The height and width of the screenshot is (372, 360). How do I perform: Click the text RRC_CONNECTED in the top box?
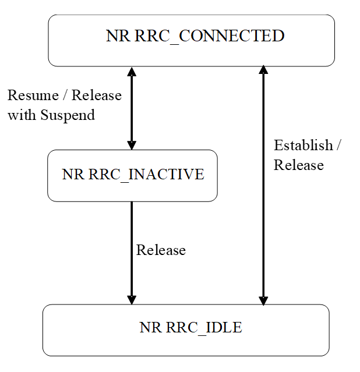pyautogui.click(x=209, y=36)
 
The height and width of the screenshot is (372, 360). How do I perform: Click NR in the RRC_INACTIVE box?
pyautogui.click(x=73, y=174)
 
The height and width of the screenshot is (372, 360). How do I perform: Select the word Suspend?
pyautogui.click(x=68, y=115)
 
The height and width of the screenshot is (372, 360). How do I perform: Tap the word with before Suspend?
pyautogui.click(x=22, y=115)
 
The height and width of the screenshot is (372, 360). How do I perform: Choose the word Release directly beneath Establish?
pyautogui.click(x=298, y=165)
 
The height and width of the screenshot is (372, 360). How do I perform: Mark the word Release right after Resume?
pyautogui.click(x=97, y=95)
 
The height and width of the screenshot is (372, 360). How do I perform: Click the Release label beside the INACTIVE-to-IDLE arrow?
pyautogui.click(x=161, y=250)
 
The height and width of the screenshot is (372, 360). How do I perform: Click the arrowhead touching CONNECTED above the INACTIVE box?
pyautogui.click(x=132, y=72)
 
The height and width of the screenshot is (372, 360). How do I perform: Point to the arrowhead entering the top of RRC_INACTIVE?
pyautogui.click(x=132, y=145)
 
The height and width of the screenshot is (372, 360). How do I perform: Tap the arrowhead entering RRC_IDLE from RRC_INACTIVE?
pyautogui.click(x=132, y=299)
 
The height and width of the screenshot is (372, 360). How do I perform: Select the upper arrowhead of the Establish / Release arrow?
pyautogui.click(x=263, y=72)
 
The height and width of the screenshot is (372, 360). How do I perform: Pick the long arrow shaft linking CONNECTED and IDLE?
pyautogui.click(x=263, y=221)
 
